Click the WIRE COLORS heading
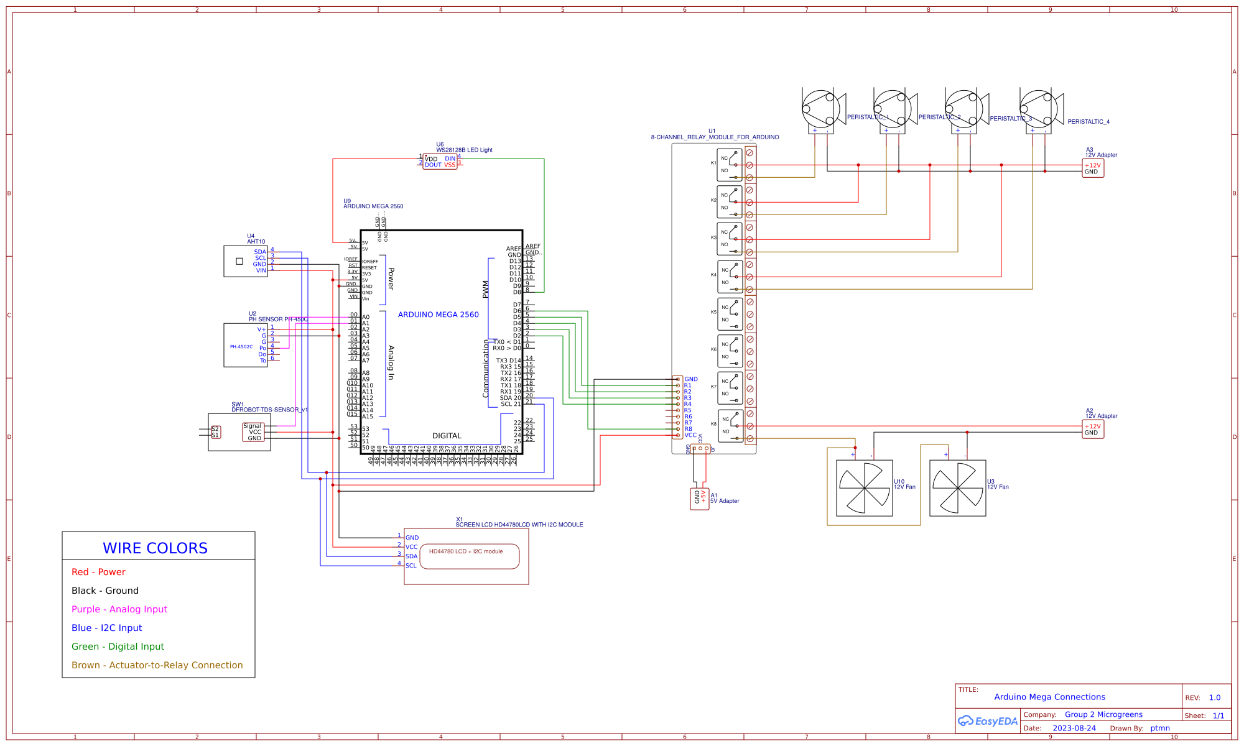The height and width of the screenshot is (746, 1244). point(155,548)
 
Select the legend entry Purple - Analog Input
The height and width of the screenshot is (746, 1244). point(119,609)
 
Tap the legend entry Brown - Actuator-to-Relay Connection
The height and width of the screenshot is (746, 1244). point(157,665)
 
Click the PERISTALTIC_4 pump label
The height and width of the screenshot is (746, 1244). point(1088,122)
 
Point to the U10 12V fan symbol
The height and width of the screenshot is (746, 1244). point(865,488)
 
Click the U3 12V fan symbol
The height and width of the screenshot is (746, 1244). point(958,488)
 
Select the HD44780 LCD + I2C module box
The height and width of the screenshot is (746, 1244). point(469,556)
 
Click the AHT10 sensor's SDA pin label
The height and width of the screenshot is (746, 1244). point(260,252)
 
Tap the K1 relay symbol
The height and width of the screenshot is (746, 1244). point(730,165)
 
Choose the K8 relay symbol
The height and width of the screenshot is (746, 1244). point(730,426)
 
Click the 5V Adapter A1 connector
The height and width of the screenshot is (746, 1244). point(700,498)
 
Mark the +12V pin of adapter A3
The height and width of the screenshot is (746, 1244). point(1093,165)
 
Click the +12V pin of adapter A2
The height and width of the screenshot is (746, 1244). point(1093,426)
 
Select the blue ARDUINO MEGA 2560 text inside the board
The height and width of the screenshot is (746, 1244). point(439,315)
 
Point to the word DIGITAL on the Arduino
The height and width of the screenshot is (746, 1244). point(447,436)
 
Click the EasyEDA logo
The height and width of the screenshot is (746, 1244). point(988,721)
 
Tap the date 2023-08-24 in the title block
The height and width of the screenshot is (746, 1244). point(1074,728)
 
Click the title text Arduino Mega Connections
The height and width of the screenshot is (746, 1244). point(1050,697)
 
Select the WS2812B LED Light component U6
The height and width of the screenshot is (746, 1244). point(440,162)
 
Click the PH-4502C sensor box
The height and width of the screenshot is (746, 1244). point(245,346)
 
